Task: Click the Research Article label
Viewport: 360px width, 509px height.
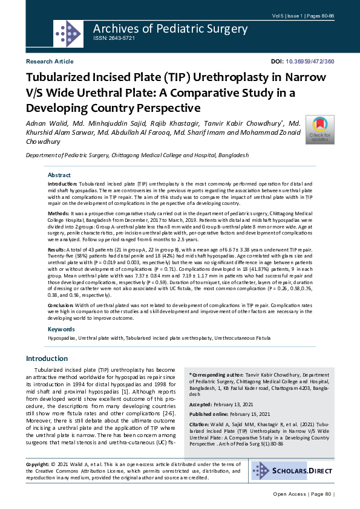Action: [x=50, y=62]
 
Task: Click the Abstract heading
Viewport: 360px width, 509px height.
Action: [x=59, y=175]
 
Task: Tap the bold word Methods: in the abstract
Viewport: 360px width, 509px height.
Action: [x=59, y=213]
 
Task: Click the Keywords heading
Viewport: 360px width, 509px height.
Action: [x=61, y=329]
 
